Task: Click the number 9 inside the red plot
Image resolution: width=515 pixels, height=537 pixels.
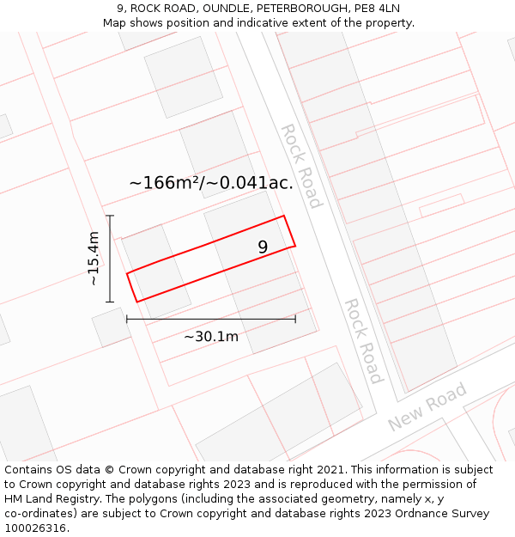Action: [x=263, y=247]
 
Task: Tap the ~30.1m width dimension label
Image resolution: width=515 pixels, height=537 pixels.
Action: [x=211, y=336]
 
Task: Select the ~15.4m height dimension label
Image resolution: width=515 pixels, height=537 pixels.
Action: [x=94, y=259]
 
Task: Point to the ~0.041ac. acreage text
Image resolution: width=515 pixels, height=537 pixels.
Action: [x=257, y=182]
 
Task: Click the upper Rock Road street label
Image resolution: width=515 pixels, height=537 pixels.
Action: [x=301, y=166]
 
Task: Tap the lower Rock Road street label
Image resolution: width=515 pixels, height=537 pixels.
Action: [x=363, y=341]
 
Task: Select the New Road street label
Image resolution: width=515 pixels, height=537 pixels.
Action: [x=427, y=407]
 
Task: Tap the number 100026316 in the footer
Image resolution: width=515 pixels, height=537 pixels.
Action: [x=35, y=528]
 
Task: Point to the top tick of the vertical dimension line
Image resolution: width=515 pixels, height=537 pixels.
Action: [x=110, y=216]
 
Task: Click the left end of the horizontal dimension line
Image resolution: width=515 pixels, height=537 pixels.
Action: [x=127, y=319]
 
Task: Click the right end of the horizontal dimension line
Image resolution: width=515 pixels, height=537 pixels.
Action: [x=295, y=319]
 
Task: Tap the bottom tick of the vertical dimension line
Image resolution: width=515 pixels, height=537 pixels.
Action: [x=110, y=302]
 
